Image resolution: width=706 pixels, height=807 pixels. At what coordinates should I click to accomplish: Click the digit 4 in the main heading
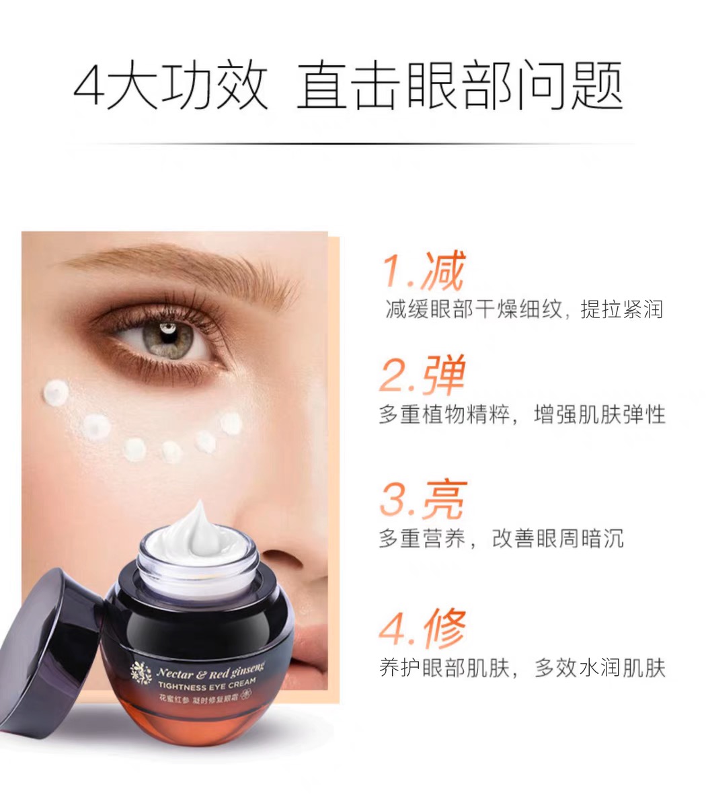89,86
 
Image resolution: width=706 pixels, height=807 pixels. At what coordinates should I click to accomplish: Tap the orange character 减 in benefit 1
443,272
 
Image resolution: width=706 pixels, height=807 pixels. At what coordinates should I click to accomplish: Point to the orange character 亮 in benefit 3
444,500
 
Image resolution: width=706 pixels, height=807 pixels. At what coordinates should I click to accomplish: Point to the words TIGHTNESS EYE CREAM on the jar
206,685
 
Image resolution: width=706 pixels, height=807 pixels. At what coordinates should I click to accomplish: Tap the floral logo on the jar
141,674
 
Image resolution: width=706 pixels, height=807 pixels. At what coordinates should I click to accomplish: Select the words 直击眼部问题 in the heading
460,86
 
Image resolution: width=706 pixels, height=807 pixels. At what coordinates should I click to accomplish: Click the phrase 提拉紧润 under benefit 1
621,309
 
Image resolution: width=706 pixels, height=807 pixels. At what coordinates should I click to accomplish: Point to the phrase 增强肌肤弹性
600,414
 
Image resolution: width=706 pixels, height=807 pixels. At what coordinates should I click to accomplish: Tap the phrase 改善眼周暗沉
557,539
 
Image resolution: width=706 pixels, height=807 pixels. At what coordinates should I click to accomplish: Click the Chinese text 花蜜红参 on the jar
172,699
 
